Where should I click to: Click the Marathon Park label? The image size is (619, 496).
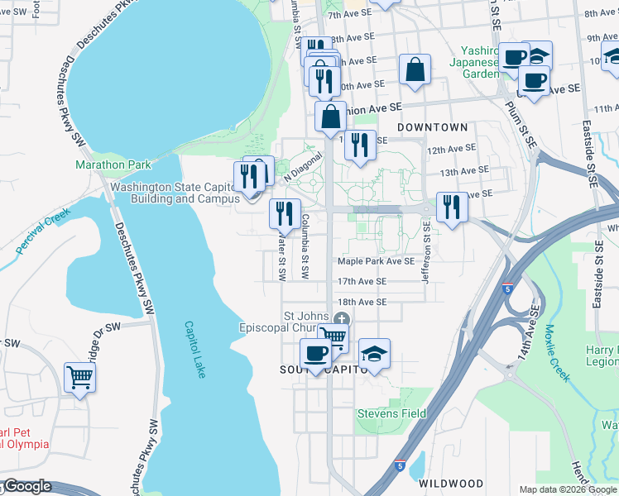pos(113,165)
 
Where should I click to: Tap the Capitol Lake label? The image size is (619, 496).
pos(194,350)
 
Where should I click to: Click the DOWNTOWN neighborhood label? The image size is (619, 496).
pos(432,127)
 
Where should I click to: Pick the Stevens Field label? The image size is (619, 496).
pos(391,413)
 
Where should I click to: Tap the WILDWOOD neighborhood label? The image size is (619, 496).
pos(451,483)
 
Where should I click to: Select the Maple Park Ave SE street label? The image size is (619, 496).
pos(375,261)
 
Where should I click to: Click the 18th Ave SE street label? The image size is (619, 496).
pos(362,302)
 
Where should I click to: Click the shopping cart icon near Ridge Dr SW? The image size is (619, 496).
pos(80,377)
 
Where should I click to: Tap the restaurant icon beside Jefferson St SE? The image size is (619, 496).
pos(451,206)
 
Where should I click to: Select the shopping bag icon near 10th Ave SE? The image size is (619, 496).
pos(415,69)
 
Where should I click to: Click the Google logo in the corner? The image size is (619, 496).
pos(27,486)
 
